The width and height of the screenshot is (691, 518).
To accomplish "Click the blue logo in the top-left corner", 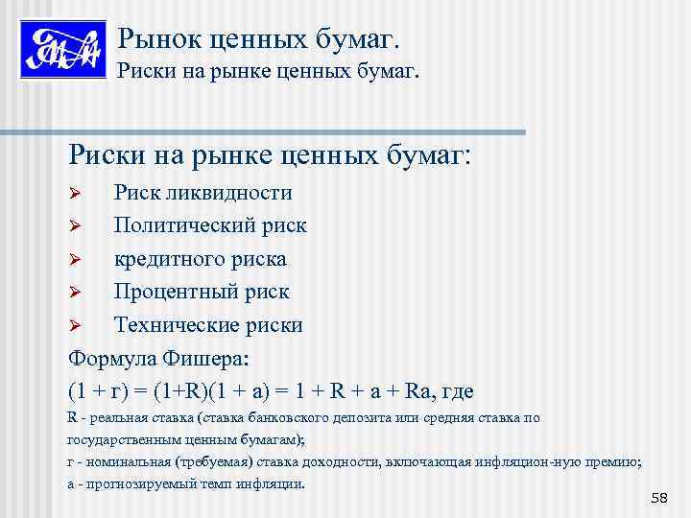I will coord(61,49).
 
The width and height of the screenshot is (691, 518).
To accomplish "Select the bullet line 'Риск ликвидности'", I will coord(203,192).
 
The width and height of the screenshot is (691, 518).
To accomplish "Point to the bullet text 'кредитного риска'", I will coord(200,259).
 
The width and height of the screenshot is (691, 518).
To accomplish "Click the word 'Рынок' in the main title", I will coord(154,39).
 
